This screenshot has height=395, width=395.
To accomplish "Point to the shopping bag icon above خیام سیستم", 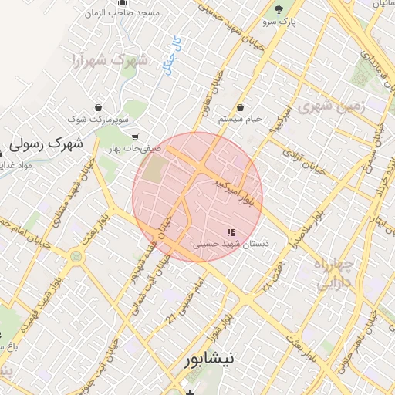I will (241, 107).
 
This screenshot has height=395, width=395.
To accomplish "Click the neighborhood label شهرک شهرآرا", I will (108, 59).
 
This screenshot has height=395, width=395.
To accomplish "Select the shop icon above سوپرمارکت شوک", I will (98, 107).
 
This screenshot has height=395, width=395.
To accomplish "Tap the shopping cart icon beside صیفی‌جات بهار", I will (136, 138).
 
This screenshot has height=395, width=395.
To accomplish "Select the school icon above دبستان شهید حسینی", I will (229, 231).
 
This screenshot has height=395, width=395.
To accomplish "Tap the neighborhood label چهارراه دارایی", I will (334, 273).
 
